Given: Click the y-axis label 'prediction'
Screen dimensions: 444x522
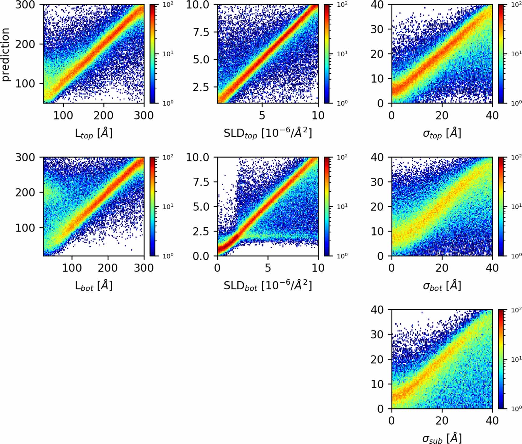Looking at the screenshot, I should point(5,54).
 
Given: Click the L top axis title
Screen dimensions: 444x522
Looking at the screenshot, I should point(94,133).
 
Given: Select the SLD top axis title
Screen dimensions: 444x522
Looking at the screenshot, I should point(268,133).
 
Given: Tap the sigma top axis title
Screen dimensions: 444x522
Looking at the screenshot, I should point(442,133).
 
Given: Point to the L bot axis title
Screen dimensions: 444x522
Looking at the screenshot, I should point(94,286).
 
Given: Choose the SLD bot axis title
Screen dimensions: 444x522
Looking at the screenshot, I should point(268,285).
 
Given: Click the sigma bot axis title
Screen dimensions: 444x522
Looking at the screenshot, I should point(442,286).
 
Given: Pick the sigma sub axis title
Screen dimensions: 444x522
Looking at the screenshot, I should point(442,438).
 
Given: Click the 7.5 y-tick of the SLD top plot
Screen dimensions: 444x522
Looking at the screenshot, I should point(201,32).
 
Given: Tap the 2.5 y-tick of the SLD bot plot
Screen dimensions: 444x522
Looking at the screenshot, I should point(201,231).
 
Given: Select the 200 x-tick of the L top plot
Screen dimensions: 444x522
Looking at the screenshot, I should point(104,115).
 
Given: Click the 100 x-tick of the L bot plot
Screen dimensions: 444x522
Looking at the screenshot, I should point(72,268).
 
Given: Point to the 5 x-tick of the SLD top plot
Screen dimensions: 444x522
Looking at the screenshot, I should point(262,115).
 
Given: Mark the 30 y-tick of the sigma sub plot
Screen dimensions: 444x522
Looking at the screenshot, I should point(377,334).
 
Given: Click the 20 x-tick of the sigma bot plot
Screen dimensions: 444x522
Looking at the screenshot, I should point(442,268).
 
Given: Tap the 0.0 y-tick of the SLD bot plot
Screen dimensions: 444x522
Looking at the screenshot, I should point(201,256).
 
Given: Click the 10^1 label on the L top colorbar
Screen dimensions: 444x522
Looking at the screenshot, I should point(168,54).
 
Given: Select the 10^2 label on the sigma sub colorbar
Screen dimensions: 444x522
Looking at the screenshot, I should point(516,310).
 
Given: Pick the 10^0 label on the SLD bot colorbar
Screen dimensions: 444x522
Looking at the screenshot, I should point(342,256).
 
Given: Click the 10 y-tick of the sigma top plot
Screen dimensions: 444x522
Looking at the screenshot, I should point(377,79).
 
